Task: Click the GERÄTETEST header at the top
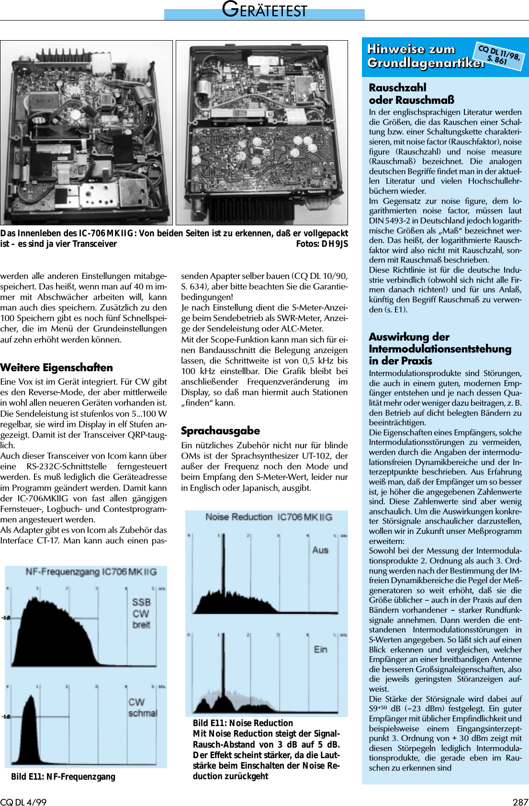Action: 264,10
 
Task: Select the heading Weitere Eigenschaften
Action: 56,367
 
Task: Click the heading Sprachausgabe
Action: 220,431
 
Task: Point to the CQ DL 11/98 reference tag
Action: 499,55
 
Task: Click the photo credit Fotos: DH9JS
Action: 322,244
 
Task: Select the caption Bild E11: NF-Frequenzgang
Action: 63,776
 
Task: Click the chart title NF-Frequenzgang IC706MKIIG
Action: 91,572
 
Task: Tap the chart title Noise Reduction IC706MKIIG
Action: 269,517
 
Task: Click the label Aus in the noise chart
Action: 320,550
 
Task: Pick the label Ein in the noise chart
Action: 320,649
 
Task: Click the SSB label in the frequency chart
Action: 141,602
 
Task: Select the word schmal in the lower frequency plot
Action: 142,713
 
